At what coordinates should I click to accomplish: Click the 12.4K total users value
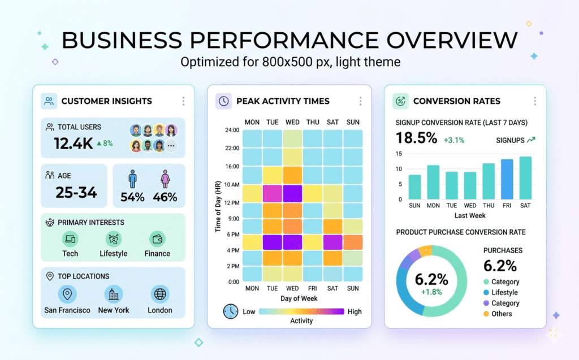coord(73,144)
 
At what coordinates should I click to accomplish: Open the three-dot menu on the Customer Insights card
coord(183,101)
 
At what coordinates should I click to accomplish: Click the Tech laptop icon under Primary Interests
coord(70,239)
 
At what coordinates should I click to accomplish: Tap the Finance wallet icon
coord(157,239)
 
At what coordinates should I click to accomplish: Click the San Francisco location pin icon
coord(67,294)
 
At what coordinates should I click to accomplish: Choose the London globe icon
coord(160,294)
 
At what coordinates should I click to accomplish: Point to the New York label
coord(114,310)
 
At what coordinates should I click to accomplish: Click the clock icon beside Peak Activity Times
coord(224,101)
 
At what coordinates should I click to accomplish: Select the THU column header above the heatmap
coord(313,122)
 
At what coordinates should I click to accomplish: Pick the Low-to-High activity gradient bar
coord(301,311)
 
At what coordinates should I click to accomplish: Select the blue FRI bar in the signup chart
coord(507,179)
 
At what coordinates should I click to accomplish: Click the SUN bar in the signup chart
coord(415,187)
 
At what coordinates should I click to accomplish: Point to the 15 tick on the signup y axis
coord(399,154)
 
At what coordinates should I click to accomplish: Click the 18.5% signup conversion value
coord(416,138)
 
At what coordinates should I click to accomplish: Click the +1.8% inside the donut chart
coord(431,292)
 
